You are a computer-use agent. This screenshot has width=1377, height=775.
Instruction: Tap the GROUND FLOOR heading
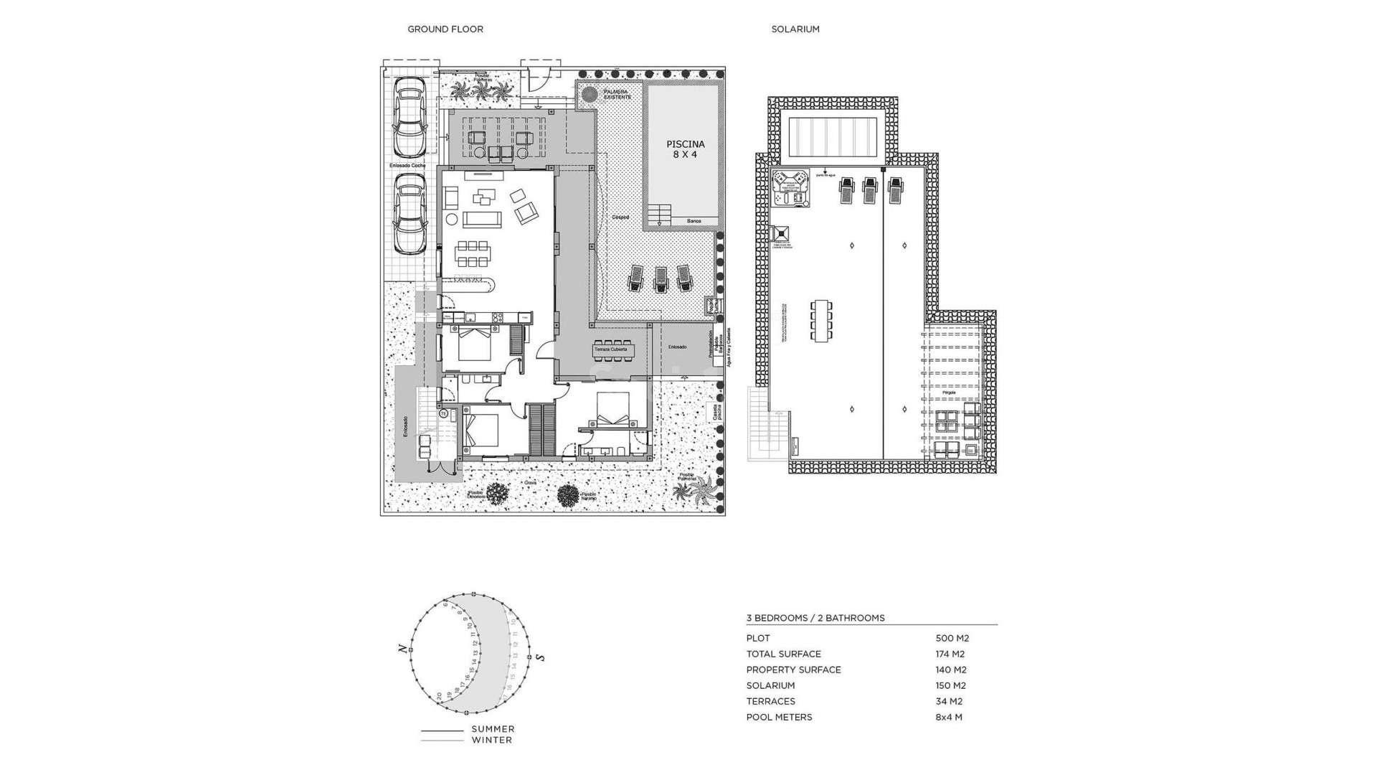point(445,29)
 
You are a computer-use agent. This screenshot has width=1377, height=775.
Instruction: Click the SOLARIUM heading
point(795,29)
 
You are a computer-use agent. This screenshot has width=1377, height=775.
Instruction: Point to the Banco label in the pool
point(694,221)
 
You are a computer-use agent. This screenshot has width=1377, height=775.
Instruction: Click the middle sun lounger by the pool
point(659,278)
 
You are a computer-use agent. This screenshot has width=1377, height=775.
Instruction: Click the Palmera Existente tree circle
point(590,94)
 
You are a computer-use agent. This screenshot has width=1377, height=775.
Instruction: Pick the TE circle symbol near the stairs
point(444,414)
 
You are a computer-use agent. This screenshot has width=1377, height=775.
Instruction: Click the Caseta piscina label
point(716,412)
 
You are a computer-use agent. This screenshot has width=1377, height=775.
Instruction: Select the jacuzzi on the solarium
point(791,188)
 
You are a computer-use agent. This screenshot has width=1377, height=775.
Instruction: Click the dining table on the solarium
point(821,321)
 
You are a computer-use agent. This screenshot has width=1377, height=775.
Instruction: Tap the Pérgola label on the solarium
point(948,393)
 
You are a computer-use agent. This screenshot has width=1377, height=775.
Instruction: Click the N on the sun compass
point(402,649)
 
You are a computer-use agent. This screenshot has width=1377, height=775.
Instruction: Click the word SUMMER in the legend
point(493,729)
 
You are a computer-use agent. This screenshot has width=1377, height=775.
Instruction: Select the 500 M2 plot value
point(952,638)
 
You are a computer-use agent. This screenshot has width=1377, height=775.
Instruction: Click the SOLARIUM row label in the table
point(770,685)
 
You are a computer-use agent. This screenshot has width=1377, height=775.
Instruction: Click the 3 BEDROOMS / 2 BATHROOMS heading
point(815,618)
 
